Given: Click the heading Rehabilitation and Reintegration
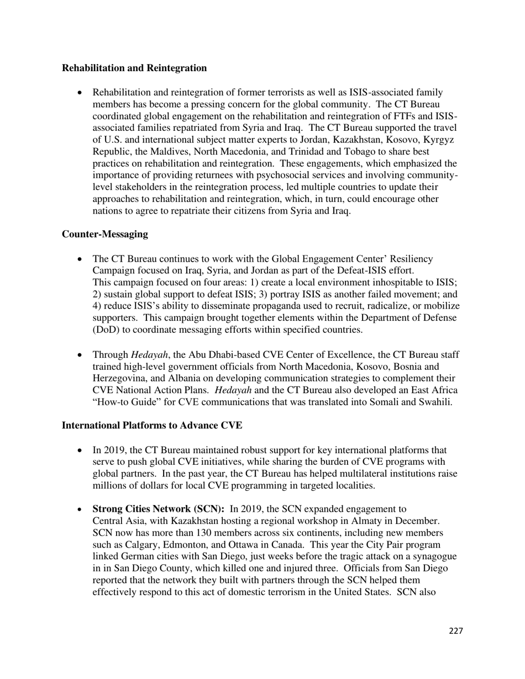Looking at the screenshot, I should (x=134, y=68).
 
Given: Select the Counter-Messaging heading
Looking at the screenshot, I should (x=105, y=234).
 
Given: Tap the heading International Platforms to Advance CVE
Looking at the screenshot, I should (x=152, y=426).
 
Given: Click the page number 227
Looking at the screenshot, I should (x=456, y=631).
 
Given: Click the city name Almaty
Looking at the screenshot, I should (x=364, y=521).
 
